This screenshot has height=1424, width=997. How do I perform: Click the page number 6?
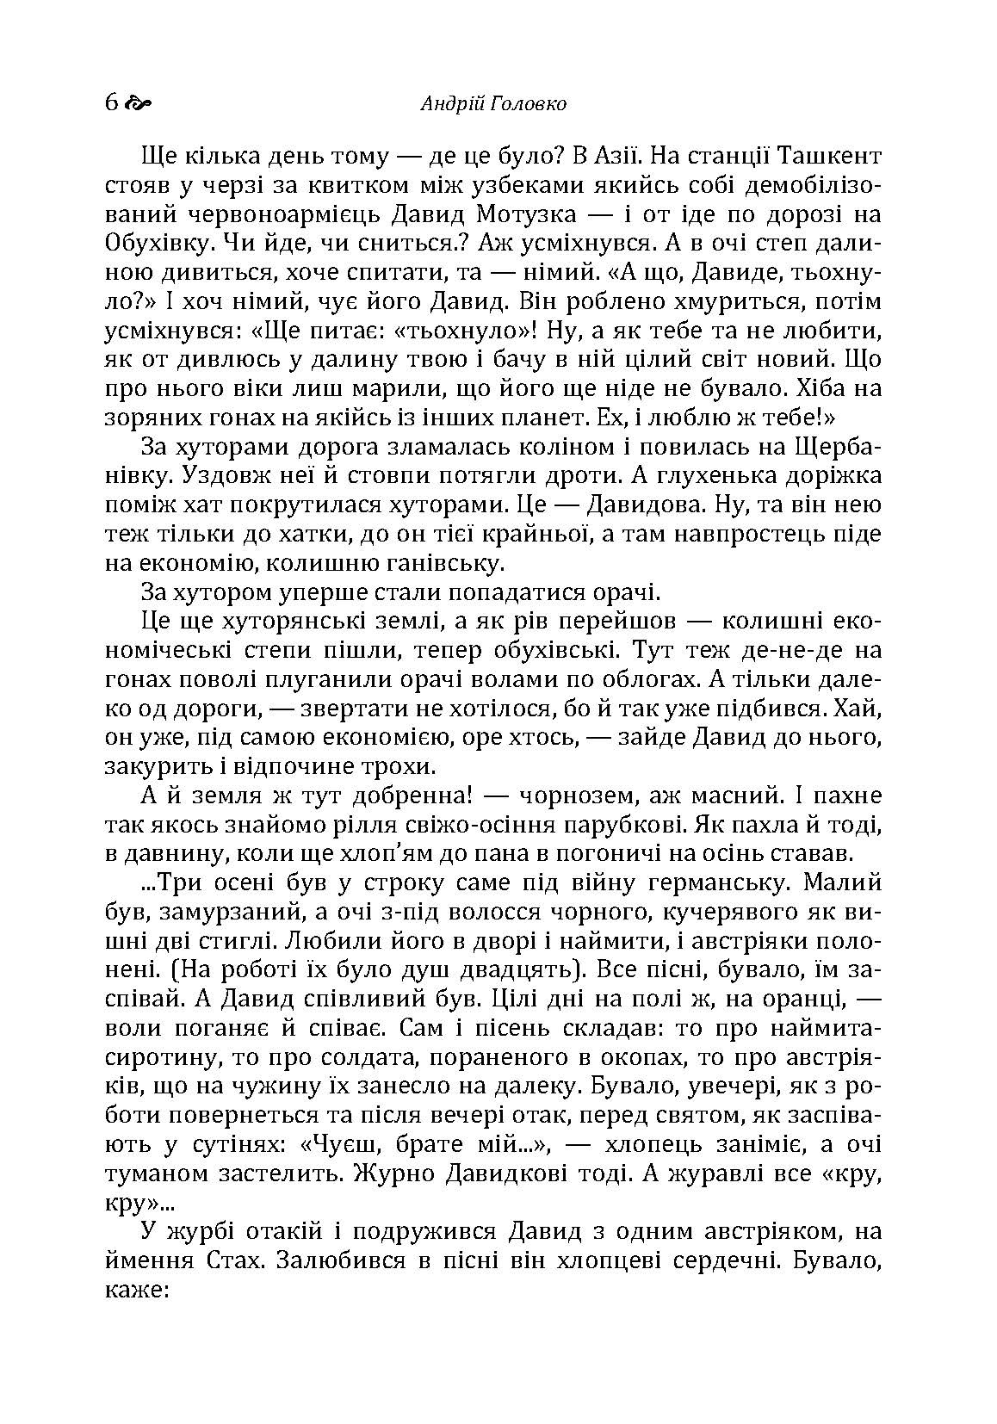coord(111,103)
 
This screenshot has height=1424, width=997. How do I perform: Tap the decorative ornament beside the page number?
coord(138,104)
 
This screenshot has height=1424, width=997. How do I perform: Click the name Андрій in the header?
coord(449,104)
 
